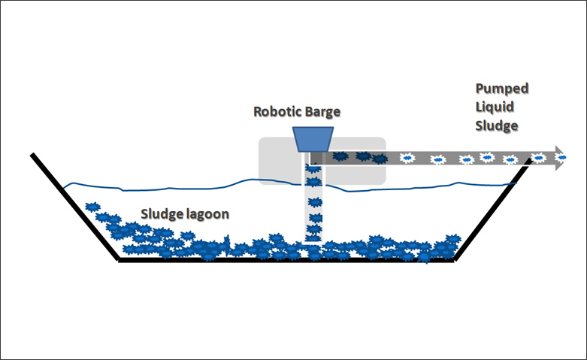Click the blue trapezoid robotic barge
pyautogui.click(x=314, y=138)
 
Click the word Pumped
pyautogui.click(x=501, y=89)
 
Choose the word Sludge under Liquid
pyautogui.click(x=497, y=126)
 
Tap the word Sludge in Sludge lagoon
pyautogui.click(x=160, y=213)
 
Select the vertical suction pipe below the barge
pyautogui.click(x=313, y=203)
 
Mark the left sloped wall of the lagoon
pyautogui.click(x=74, y=207)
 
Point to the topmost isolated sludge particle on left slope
pyautogui.click(x=92, y=206)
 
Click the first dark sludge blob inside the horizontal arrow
pyautogui.click(x=340, y=157)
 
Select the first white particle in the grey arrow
pyautogui.click(x=408, y=158)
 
